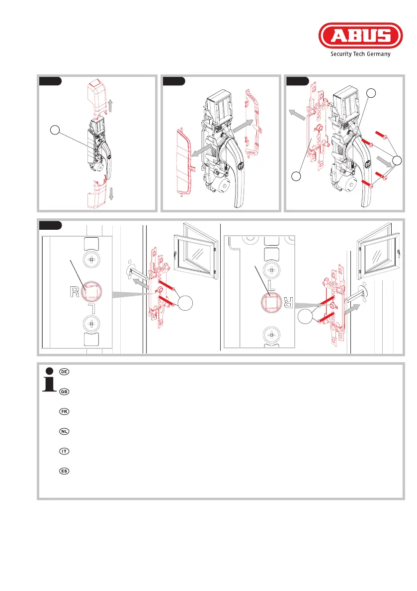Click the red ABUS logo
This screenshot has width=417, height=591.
point(360,35)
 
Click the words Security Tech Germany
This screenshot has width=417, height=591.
point(360,54)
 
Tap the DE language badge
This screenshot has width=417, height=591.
point(64,372)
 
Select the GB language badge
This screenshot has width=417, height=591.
point(64,392)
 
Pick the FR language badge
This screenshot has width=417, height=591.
point(64,411)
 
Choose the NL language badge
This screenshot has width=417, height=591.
point(64,431)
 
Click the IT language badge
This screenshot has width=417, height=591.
point(64,451)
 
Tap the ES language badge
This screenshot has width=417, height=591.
point(64,471)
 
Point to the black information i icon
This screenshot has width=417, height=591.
point(49,380)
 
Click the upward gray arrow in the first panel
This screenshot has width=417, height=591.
point(111,105)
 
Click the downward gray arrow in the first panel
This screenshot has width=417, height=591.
point(111,194)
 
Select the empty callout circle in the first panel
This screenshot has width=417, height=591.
point(55,130)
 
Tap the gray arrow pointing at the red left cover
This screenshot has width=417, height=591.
point(202,150)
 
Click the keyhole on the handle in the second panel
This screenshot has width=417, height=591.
point(241,165)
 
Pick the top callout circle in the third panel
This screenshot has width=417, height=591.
point(371,93)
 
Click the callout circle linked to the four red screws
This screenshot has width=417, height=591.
point(397,161)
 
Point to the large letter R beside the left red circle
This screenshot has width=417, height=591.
point(75,292)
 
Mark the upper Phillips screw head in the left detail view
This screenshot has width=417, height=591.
point(91,260)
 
